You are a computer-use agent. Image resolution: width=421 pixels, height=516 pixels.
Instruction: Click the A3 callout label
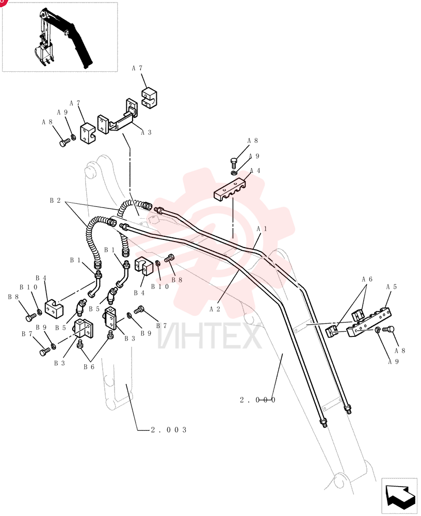(x=146, y=132)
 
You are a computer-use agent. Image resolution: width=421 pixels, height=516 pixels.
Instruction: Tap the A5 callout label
(x=392, y=287)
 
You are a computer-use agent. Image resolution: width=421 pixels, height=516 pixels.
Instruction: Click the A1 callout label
(x=262, y=229)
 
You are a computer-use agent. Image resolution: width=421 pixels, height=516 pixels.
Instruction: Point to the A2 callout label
(x=215, y=309)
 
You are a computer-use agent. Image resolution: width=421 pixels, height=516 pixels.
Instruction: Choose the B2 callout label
(x=55, y=200)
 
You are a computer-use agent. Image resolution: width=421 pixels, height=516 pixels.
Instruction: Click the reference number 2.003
(x=169, y=430)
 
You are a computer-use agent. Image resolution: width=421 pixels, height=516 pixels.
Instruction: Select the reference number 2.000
(x=257, y=400)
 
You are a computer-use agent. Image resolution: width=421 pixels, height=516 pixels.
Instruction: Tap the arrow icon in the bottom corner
(x=399, y=496)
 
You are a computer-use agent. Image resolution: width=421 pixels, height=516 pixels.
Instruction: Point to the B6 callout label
(x=89, y=367)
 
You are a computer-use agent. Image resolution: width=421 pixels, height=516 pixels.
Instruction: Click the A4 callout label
(x=255, y=170)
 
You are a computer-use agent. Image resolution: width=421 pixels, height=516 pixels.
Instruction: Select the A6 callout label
(x=367, y=279)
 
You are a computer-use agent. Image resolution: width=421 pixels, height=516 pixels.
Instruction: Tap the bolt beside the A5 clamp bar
(x=388, y=329)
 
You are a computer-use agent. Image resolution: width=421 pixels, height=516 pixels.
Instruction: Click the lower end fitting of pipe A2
(x=322, y=423)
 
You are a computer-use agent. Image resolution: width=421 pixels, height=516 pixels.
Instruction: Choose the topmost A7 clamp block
(x=150, y=97)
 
